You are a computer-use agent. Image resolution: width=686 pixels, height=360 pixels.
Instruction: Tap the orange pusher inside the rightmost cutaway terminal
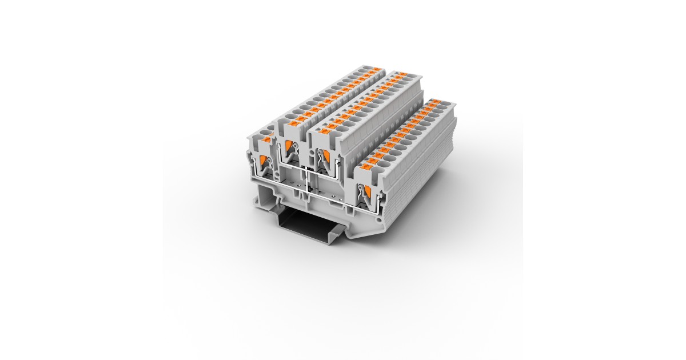click(x=367, y=193)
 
